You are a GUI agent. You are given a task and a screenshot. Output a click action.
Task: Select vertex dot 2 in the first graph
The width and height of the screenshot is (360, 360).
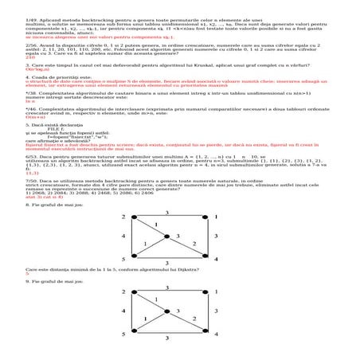(x=133, y=217)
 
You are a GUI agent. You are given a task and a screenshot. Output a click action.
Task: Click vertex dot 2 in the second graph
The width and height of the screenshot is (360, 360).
(x=133, y=294)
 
